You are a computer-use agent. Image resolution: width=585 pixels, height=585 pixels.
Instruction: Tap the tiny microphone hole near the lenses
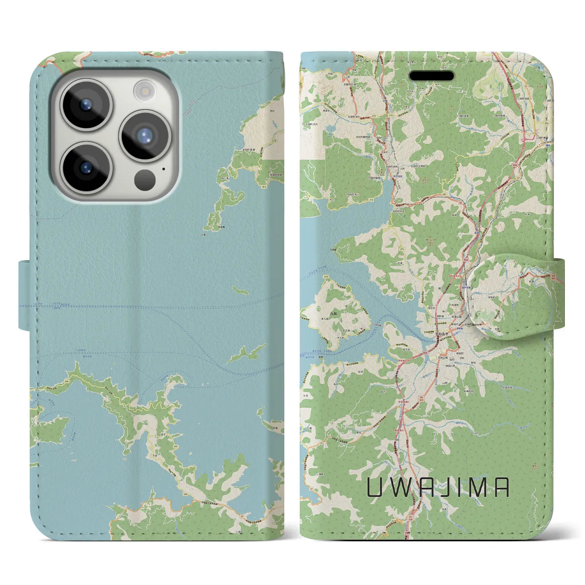coord(163,169)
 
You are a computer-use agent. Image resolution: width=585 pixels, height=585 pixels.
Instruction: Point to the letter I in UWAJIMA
coord(459,488)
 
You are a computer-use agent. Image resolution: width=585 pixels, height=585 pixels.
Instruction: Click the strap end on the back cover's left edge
coord(24,295)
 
